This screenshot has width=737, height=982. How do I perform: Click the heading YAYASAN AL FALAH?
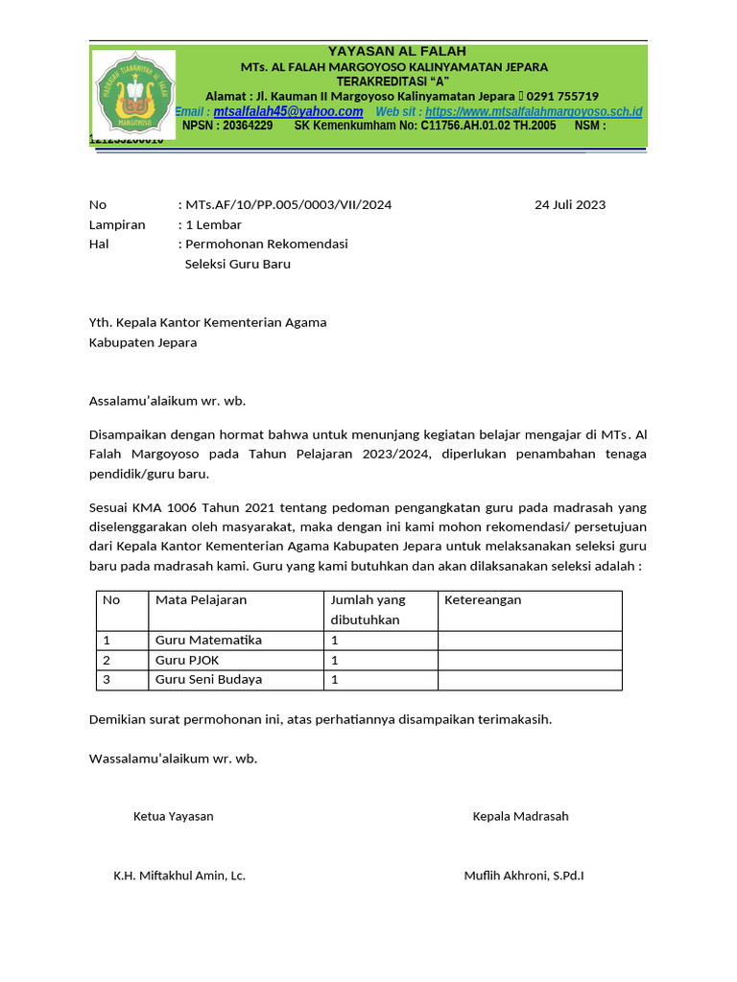[396, 51]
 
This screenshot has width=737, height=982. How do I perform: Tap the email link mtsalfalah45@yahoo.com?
[288, 112]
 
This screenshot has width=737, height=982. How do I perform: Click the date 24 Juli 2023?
[570, 204]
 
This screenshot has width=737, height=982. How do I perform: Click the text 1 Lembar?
[213, 224]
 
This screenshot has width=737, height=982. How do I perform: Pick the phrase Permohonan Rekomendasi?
[266, 244]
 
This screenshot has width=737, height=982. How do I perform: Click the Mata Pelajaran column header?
[201, 600]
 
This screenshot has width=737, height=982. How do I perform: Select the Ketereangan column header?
[483, 600]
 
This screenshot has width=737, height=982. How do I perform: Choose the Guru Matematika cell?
[208, 640]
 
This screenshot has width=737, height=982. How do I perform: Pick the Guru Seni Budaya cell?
[208, 680]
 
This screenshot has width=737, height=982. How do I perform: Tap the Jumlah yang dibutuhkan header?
[368, 610]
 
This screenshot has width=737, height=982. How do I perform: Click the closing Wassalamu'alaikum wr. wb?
[173, 759]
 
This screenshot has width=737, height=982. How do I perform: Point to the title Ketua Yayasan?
[173, 816]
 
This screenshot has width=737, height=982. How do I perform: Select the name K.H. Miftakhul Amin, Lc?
[179, 876]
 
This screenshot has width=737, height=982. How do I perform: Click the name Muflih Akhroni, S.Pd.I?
[524, 876]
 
